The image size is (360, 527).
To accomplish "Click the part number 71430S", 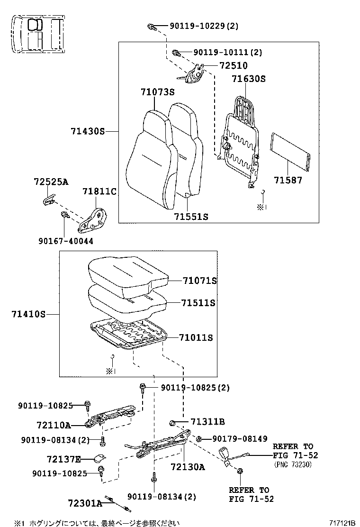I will pos(88,131).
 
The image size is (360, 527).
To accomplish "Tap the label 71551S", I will pos(191,217).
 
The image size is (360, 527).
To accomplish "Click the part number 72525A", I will pos(51,182).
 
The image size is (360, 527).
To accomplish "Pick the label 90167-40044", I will pos(66,241).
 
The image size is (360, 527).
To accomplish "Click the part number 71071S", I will pos(199,281).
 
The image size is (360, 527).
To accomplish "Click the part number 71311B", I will pos(207,422).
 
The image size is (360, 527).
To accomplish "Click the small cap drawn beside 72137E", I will pos(99,458).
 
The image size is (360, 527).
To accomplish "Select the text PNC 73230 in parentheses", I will pos(293,464).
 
